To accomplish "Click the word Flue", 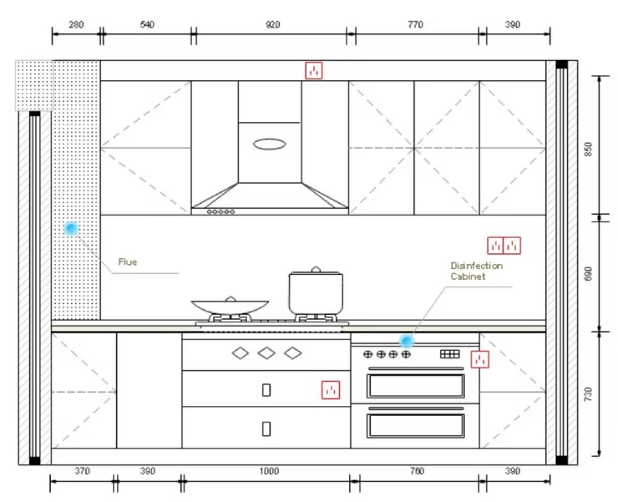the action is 128,262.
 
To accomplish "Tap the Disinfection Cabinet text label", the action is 477,271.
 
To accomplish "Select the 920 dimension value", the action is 272,25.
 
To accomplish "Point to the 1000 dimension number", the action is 269,471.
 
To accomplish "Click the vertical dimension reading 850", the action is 588,149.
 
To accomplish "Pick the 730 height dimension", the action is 588,394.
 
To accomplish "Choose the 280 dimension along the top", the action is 76,25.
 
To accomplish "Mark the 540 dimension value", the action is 147,25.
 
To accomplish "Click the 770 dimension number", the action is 415,25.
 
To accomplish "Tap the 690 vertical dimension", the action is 588,274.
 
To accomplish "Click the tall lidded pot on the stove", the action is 316,291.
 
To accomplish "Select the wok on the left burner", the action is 230,306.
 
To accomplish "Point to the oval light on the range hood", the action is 269,144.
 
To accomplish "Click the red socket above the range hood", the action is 314,70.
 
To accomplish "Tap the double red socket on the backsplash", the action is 504,246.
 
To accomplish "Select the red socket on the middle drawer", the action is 331,390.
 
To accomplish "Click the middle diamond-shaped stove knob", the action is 267,353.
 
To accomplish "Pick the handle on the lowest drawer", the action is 267,429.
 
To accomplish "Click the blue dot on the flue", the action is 72,228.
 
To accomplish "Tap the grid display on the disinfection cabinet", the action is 450,354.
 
